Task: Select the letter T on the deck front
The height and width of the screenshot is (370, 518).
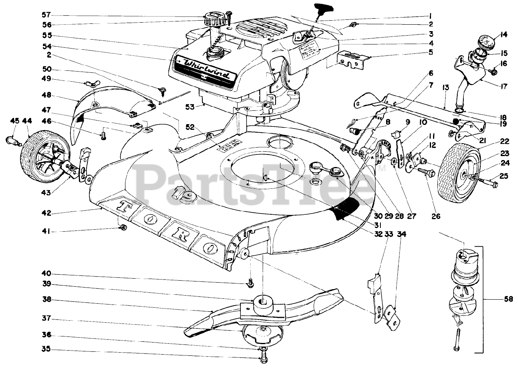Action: [123, 206]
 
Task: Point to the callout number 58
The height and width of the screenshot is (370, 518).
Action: [508, 299]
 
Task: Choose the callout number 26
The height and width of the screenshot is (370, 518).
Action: [435, 216]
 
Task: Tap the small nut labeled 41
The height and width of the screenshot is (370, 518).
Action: [123, 228]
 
